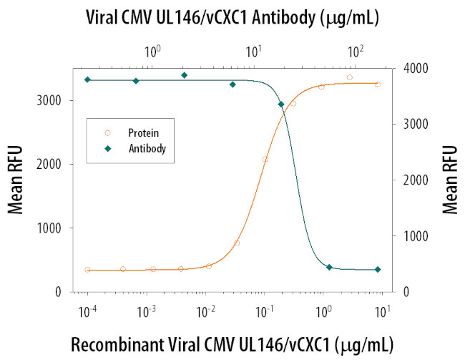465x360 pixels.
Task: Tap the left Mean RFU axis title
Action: click(15, 180)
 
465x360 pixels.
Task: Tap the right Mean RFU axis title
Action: click(449, 180)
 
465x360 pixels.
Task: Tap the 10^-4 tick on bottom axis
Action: click(88, 313)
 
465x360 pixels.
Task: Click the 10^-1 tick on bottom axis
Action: click(265, 313)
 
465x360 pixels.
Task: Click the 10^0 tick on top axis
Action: click(152, 52)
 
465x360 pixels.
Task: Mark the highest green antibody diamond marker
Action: click(184, 75)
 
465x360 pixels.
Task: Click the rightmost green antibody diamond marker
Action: click(378, 270)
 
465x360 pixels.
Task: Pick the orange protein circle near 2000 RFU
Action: click(265, 159)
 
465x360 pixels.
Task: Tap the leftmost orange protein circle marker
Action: click(87, 270)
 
